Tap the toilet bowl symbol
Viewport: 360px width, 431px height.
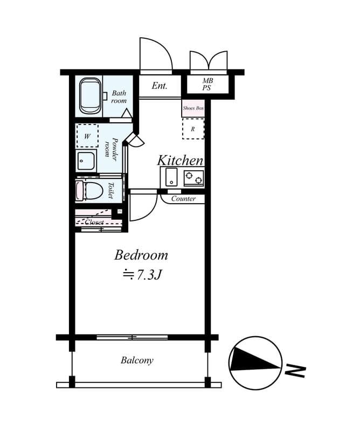click(89, 190)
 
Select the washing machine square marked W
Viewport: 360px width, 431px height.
click(87, 136)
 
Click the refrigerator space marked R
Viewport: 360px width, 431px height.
click(193, 129)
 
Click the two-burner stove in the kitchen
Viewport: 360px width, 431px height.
click(194, 178)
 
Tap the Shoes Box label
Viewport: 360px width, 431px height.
click(193, 108)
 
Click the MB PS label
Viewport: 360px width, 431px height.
click(207, 85)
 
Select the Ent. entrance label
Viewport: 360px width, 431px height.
click(160, 86)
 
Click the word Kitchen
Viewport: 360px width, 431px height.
click(180, 160)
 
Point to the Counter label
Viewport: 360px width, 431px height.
click(183, 198)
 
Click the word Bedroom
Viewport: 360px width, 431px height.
click(141, 255)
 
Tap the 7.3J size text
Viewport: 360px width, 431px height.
click(149, 275)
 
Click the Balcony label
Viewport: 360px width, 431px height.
click(137, 360)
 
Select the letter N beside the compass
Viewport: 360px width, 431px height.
click(295, 371)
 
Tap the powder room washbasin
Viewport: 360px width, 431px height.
click(86, 161)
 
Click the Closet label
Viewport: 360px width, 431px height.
click(94, 222)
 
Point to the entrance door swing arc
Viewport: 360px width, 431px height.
click(164, 47)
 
